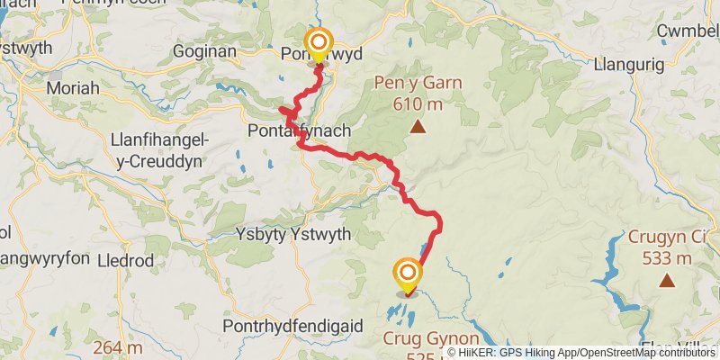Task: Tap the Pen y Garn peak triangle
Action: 418,127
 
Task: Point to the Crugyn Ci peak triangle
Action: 667,281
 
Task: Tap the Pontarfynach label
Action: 299,131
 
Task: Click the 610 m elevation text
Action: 418,103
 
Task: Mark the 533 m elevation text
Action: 667,258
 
